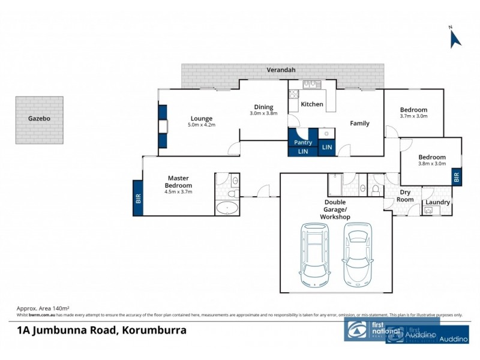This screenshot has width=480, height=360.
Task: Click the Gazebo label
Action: click(39, 119)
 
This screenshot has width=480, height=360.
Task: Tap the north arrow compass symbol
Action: click(454, 38)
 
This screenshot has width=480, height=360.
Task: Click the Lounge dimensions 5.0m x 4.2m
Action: click(202, 125)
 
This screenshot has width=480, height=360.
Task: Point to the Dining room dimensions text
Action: click(265, 113)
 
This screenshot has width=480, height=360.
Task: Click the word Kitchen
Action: click(312, 104)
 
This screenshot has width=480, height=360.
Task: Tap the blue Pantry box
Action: click(303, 143)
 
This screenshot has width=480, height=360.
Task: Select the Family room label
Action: click(359, 124)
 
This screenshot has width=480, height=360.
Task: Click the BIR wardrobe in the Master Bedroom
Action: click(138, 198)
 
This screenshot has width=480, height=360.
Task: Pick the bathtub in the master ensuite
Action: click(227, 208)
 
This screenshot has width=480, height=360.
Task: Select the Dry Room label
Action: click(406, 196)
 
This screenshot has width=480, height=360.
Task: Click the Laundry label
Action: click(437, 202)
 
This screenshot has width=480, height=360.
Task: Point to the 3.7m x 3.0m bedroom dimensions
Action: click(414, 116)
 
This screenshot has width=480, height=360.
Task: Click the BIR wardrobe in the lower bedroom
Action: click(457, 177)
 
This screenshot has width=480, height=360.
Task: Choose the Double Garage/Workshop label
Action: click(335, 209)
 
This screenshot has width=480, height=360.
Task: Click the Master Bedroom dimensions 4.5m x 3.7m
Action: click(178, 192)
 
